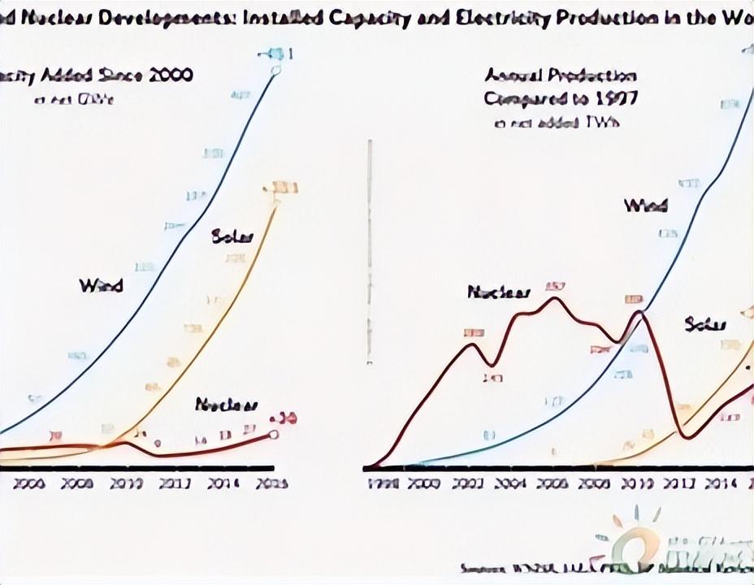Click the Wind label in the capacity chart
101,285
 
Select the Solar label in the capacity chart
232,236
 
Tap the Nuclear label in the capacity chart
227,405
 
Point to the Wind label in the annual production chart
646,206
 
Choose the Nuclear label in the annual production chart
499,292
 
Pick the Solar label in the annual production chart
705,325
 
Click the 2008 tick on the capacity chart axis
78,483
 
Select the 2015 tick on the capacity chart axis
271,483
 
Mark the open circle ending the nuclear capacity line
274,434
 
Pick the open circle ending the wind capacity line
275,71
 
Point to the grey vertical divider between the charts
370,252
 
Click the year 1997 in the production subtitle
615,98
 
